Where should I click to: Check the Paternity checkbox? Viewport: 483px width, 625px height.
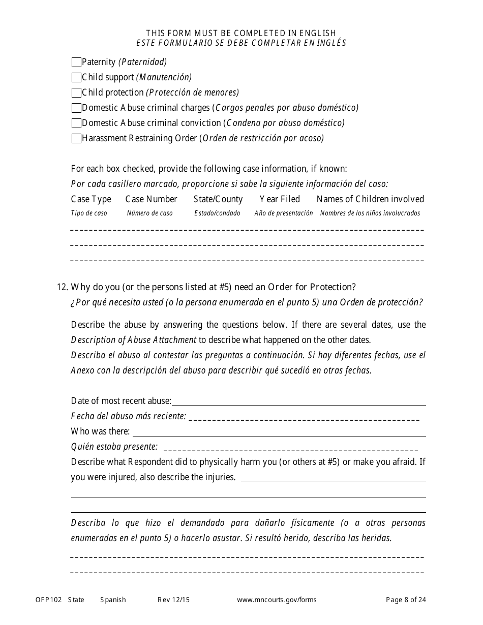[76, 63]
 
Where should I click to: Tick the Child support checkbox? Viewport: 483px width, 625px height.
[76, 78]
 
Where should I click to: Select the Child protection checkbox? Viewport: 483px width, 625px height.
[76, 93]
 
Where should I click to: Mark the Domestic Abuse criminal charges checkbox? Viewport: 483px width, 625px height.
[76, 108]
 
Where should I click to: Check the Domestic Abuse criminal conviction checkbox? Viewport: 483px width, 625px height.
[76, 123]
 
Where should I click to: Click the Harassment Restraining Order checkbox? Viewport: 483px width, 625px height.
[76, 139]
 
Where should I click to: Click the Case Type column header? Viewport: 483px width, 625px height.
[91, 199]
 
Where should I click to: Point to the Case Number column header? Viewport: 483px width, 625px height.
[151, 199]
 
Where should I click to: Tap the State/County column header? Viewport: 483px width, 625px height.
[218, 199]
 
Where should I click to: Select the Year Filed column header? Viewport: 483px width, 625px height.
[280, 199]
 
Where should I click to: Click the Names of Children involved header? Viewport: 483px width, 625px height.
[370, 199]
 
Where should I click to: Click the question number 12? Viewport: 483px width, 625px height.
[62, 287]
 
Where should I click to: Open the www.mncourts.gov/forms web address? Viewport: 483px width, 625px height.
[277, 600]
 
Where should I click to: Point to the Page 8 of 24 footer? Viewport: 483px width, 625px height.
[406, 600]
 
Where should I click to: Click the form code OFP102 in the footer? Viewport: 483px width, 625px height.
[48, 600]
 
